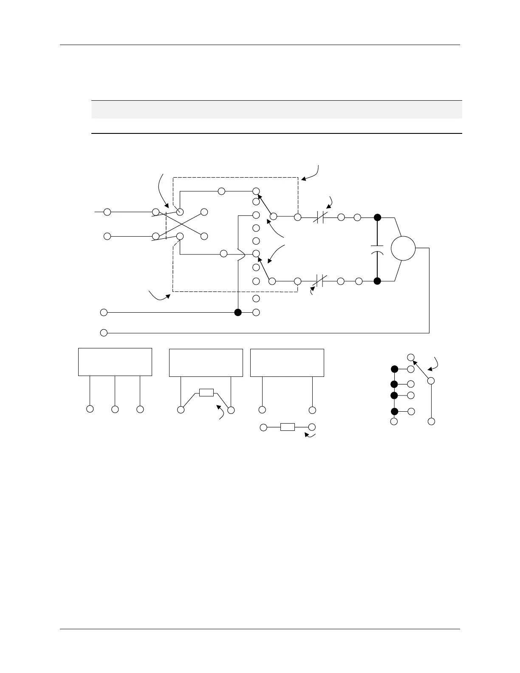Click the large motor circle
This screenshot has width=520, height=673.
[x=403, y=249]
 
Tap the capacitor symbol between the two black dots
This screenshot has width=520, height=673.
[x=377, y=249]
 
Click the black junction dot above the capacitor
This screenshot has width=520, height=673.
[x=377, y=217]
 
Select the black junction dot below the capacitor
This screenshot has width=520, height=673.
[x=377, y=281]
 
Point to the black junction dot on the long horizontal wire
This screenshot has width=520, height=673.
[x=238, y=312]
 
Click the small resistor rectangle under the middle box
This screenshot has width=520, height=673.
[x=206, y=392]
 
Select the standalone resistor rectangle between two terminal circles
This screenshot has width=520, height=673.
[x=288, y=427]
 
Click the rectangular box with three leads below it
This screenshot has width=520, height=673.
[x=115, y=362]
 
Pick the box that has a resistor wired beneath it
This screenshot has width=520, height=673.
[x=206, y=362]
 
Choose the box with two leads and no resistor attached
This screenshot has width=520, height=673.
[x=287, y=362]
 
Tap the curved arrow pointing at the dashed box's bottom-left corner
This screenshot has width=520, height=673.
[x=159, y=296]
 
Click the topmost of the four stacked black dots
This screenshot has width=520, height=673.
[x=394, y=369]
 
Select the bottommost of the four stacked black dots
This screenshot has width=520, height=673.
[x=394, y=411]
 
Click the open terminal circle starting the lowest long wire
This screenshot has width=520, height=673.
[x=104, y=333]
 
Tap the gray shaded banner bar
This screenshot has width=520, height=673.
[x=277, y=109]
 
